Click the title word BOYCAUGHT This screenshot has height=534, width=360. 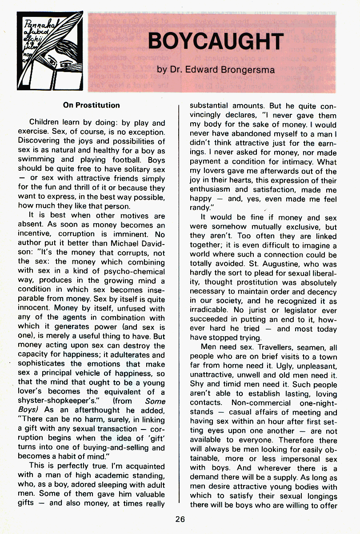click(x=216, y=42)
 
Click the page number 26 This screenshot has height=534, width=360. click(x=180, y=518)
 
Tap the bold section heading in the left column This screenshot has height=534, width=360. click(x=91, y=105)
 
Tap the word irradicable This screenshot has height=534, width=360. click(x=211, y=310)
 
